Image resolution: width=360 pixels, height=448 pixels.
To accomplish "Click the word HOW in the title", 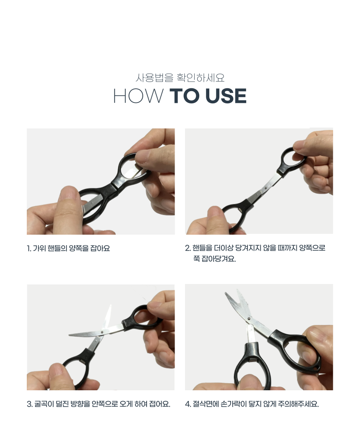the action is (139, 96).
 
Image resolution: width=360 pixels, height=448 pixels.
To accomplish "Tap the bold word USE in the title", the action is (226, 96).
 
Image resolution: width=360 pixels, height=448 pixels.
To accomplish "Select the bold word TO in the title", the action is (185, 96).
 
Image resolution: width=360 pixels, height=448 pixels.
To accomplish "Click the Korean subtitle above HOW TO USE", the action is (180, 78).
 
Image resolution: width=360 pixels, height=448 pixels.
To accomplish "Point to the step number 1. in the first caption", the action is (29, 248).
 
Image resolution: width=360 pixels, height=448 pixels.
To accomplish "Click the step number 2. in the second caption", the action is (188, 248).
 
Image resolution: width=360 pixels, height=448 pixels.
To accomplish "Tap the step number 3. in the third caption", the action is (30, 404).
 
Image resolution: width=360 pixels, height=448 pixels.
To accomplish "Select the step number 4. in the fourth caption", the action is (188, 404).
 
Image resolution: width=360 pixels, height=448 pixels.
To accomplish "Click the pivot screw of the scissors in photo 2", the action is (266, 188).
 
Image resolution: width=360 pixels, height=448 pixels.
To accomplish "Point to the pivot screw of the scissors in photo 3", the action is (102, 332).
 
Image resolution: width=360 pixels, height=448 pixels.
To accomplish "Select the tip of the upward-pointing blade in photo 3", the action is (111, 305).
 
